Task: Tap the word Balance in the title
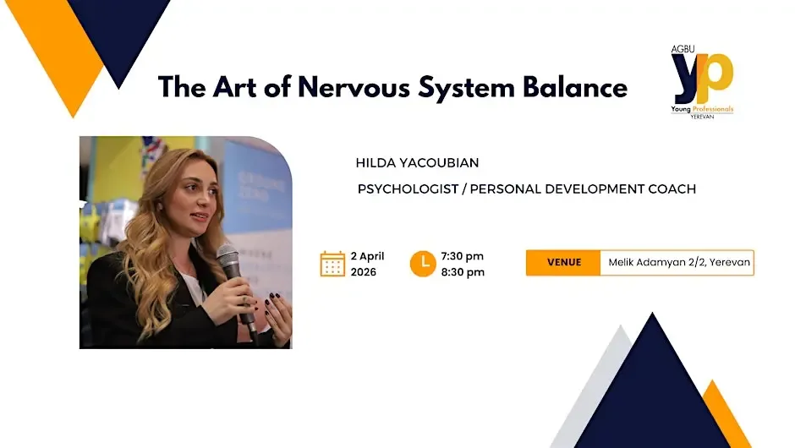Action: (x=575, y=87)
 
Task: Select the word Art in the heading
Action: (x=235, y=87)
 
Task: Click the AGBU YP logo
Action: (x=702, y=82)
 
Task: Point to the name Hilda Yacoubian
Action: (x=417, y=162)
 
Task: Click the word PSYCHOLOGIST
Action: (x=408, y=189)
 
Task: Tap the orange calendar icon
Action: (x=332, y=264)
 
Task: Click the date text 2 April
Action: (x=368, y=256)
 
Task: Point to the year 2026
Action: (x=364, y=272)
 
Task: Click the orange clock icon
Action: (x=423, y=264)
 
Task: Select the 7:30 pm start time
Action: (x=463, y=256)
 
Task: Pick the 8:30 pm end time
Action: (x=463, y=272)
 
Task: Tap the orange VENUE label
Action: (x=563, y=263)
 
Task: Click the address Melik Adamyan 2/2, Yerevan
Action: (x=679, y=263)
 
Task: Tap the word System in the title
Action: (x=467, y=88)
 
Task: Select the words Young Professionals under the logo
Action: (x=702, y=109)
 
